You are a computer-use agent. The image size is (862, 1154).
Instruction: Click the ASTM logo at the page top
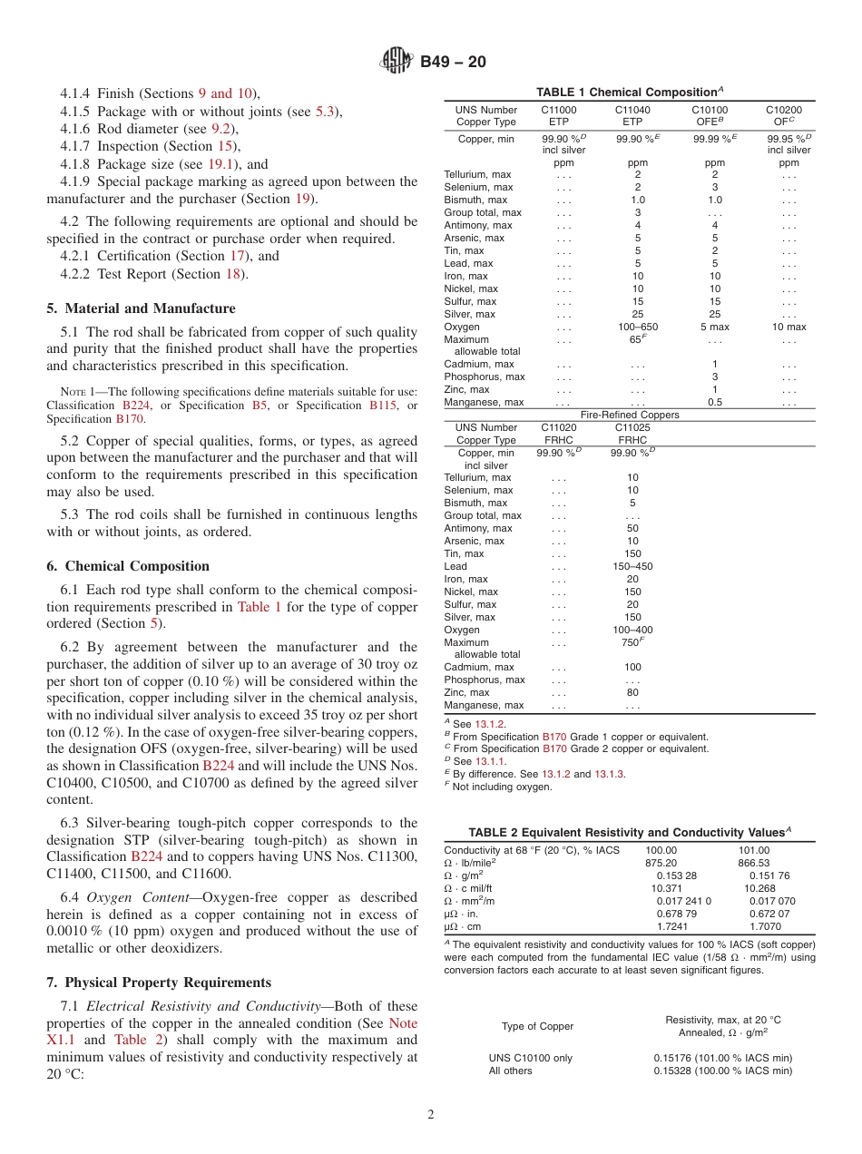point(396,62)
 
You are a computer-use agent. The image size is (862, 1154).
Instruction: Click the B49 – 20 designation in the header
point(453,62)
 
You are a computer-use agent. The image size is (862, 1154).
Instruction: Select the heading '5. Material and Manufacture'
point(141,308)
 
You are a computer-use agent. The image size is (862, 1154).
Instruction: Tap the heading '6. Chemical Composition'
point(128,566)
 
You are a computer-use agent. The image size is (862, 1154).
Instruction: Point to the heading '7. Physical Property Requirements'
point(159,983)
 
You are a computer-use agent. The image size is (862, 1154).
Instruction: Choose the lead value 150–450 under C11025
point(632,566)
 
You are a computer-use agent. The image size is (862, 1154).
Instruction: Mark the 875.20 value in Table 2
point(661,863)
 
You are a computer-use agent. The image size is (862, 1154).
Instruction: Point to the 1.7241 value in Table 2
point(671,926)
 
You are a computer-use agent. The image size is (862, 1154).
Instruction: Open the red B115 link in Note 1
point(383,405)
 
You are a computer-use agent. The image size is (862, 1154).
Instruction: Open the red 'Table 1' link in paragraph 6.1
point(259,607)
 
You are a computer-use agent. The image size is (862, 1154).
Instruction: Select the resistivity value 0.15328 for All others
point(722,1071)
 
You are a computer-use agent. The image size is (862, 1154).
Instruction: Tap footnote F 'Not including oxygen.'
point(501,787)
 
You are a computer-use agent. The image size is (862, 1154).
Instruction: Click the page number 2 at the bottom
point(430,1115)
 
